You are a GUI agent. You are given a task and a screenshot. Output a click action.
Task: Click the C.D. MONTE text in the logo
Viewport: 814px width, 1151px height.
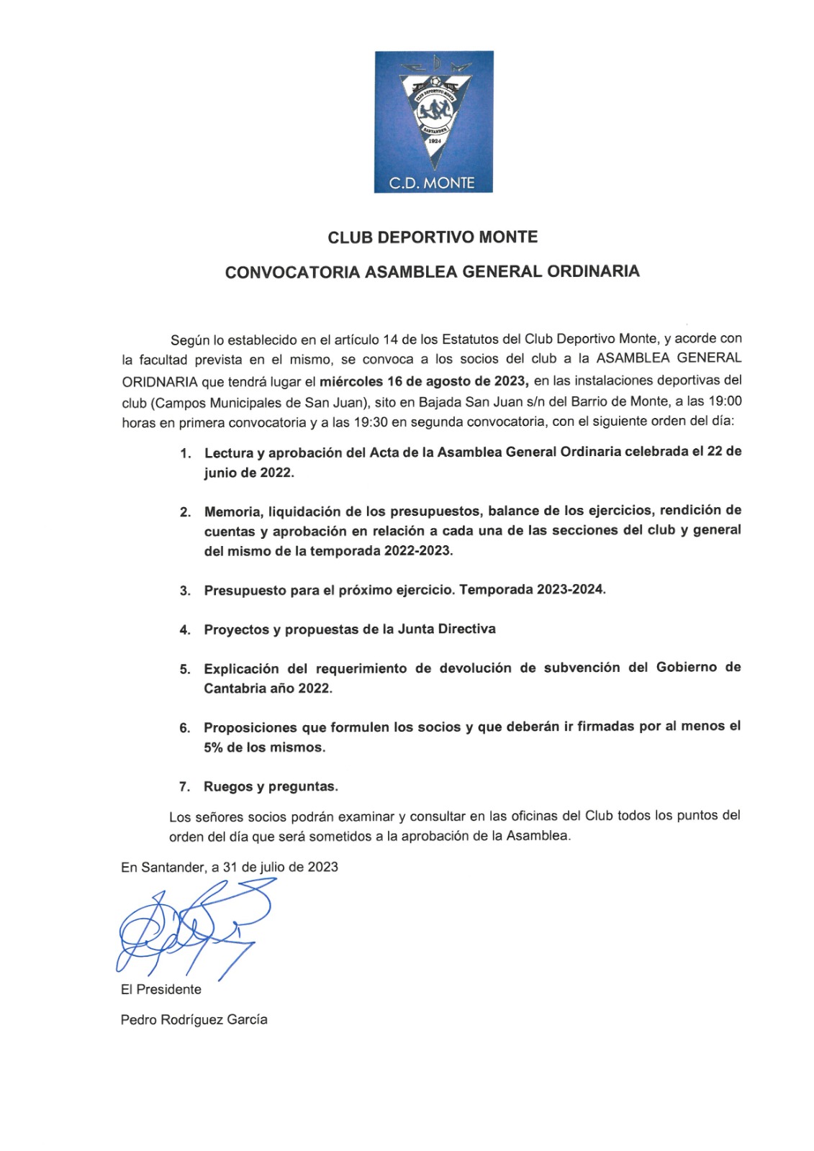click(x=432, y=183)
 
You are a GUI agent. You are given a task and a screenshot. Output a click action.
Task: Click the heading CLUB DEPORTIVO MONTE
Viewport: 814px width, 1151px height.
click(x=433, y=237)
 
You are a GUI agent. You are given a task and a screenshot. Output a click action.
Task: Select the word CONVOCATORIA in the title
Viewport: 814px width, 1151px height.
click(x=292, y=272)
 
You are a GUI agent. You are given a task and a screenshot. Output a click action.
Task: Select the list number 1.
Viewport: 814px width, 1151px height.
click(x=185, y=454)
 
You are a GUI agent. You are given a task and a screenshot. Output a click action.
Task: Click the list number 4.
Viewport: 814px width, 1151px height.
click(x=185, y=630)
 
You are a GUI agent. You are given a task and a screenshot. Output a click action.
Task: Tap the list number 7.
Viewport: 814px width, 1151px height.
click(x=185, y=787)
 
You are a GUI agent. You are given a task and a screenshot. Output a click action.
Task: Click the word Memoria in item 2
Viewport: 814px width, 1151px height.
click(x=232, y=511)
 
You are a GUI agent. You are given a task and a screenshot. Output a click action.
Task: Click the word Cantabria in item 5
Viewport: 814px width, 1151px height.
click(x=235, y=688)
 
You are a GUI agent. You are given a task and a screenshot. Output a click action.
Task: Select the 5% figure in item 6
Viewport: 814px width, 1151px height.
click(x=213, y=747)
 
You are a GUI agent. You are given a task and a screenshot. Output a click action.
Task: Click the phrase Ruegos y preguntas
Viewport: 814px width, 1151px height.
click(x=271, y=787)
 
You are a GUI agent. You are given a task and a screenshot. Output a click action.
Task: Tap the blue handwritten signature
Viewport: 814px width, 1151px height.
click(x=191, y=932)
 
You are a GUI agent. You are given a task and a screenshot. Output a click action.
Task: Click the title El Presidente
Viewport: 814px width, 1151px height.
click(x=161, y=990)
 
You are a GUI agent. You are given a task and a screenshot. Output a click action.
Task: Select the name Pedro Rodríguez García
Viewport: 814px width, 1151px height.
click(x=194, y=1020)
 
